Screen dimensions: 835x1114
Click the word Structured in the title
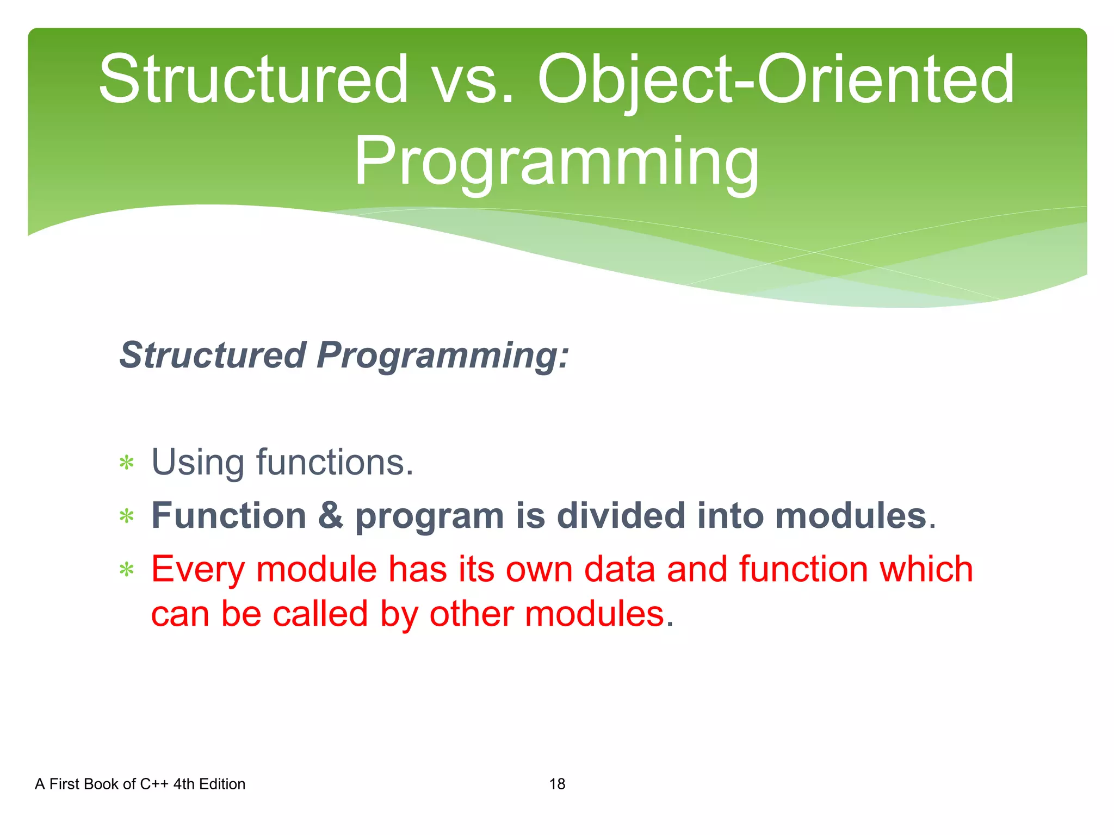point(253,80)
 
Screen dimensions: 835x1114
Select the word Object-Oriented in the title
point(776,80)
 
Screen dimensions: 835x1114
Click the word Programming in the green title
point(556,161)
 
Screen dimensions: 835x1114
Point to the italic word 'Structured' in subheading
point(213,355)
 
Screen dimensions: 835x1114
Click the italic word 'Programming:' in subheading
point(442,355)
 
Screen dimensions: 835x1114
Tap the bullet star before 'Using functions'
point(127,464)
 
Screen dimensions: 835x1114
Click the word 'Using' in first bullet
point(197,463)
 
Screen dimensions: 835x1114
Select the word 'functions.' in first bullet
point(335,463)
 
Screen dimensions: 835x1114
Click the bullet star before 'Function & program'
point(127,516)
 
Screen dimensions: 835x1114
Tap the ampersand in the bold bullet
point(331,515)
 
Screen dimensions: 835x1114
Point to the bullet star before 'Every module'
point(127,570)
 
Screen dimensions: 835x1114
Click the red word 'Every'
point(198,569)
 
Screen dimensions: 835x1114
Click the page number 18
point(557,784)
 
